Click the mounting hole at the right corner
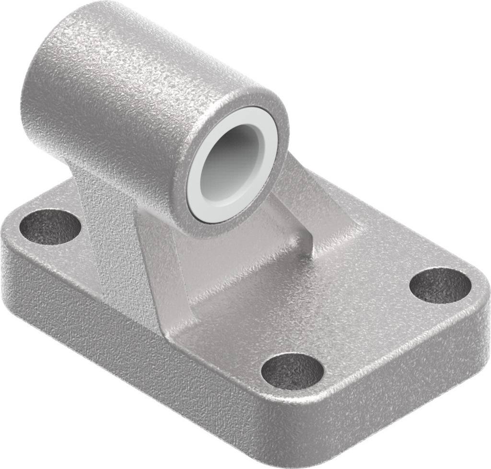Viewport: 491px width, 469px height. click(440, 285)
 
